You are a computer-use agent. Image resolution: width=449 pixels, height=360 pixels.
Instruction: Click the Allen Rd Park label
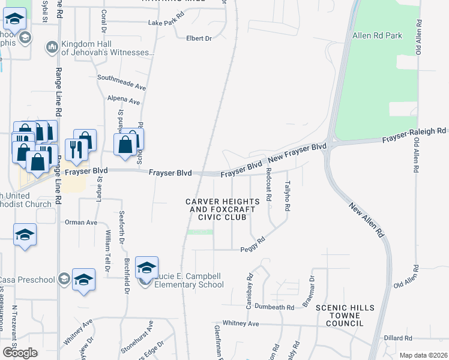click(377, 36)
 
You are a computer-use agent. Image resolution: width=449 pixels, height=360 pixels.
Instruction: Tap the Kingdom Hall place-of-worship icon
click(52, 46)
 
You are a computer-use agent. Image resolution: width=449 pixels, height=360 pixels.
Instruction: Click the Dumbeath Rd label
click(274, 307)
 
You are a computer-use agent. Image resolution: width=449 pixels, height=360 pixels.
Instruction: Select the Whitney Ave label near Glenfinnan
click(240, 323)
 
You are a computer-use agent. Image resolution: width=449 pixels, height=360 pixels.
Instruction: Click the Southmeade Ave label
click(122, 78)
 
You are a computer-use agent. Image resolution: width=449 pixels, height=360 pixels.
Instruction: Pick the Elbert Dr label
click(199, 38)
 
